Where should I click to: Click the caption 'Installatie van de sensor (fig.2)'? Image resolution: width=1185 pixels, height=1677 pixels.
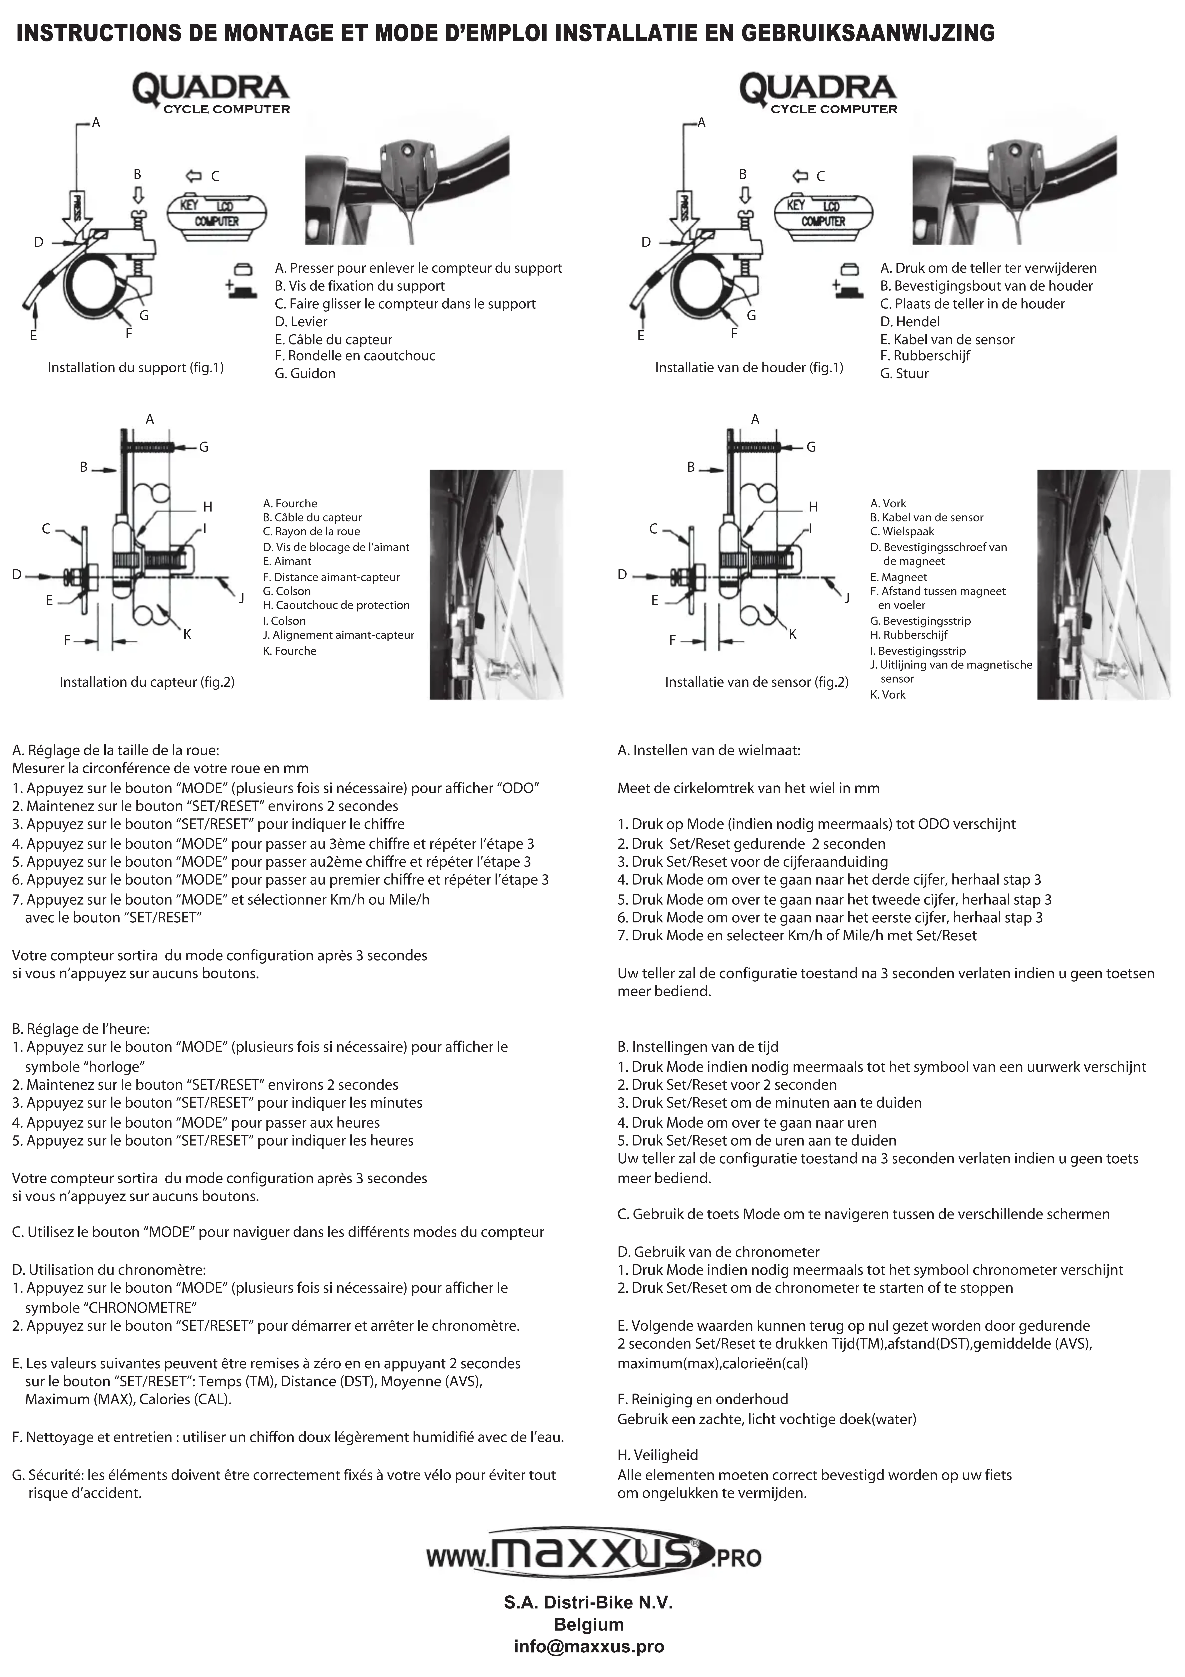[x=756, y=682]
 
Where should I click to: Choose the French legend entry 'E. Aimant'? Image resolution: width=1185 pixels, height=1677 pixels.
[x=287, y=562]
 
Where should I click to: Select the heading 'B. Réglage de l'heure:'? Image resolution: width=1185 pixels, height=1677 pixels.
[x=81, y=1029]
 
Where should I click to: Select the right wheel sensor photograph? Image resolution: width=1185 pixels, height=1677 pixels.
[x=1103, y=584]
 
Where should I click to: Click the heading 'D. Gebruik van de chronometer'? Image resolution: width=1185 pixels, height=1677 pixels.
[x=718, y=1252]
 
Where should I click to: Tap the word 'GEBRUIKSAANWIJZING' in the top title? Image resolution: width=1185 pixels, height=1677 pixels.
[x=868, y=33]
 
